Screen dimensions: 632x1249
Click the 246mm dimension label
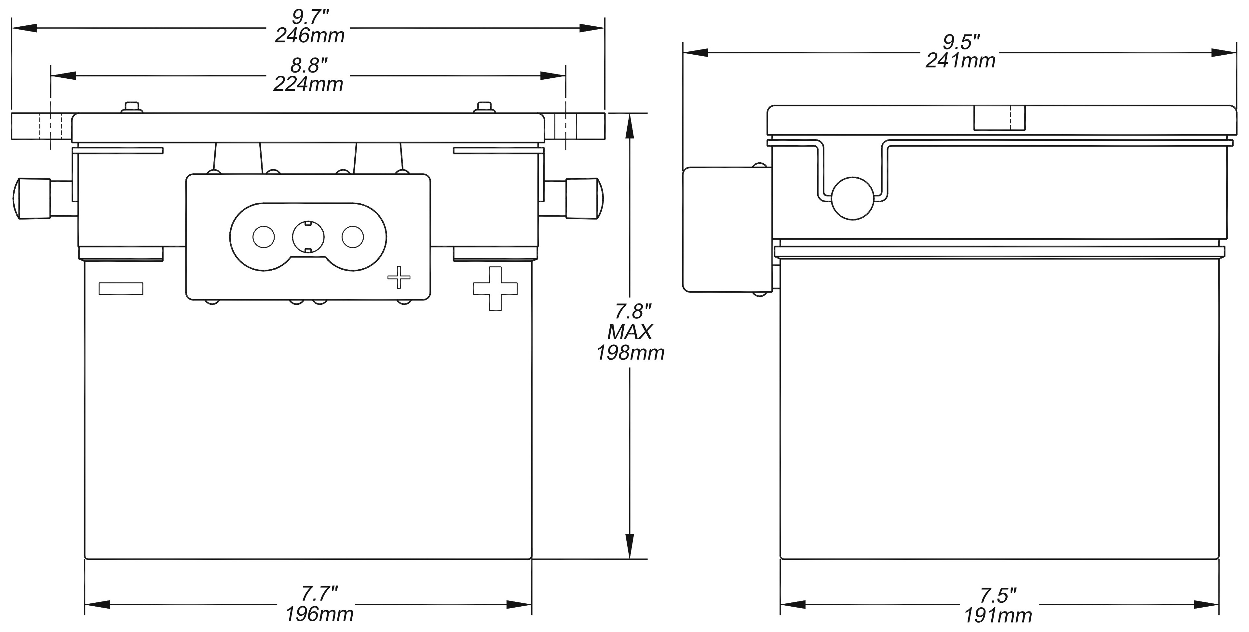(309, 36)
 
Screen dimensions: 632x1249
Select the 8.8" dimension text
(309, 65)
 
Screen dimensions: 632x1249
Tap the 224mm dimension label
(308, 84)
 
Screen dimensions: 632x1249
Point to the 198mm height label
(630, 353)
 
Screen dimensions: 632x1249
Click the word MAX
(630, 332)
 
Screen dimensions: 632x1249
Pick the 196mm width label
(319, 614)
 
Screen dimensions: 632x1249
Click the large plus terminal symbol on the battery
(495, 289)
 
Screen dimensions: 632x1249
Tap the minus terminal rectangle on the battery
(121, 289)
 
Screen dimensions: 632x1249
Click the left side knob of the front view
(32, 199)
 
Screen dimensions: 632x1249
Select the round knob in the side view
(853, 198)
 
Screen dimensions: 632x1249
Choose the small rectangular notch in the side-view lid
(999, 118)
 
